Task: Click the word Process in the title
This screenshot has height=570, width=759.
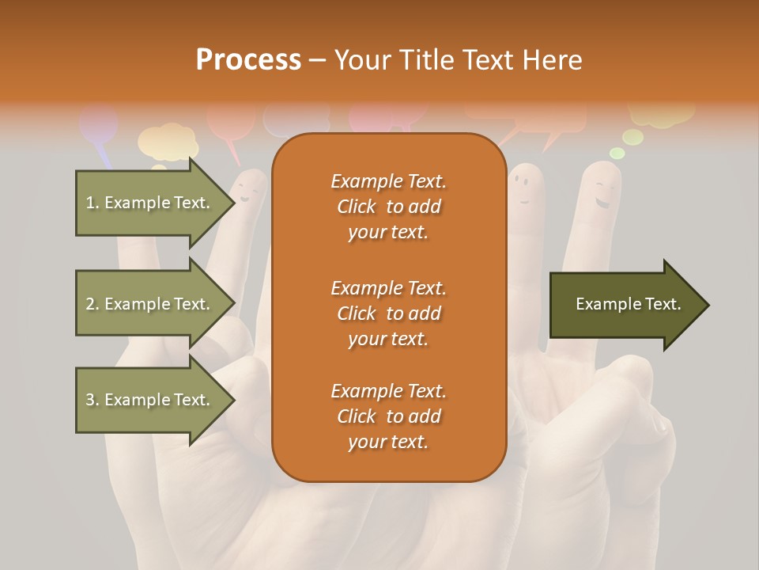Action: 248,59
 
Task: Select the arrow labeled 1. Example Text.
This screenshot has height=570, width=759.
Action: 150,203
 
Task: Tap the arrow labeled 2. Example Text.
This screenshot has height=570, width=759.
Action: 150,304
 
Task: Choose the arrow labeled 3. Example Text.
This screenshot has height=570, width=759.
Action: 150,400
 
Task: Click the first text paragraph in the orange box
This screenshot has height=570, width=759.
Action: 388,207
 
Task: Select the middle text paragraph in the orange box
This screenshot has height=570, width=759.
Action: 388,313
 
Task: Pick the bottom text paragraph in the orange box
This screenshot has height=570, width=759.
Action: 388,416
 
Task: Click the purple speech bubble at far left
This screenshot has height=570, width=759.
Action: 99,125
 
